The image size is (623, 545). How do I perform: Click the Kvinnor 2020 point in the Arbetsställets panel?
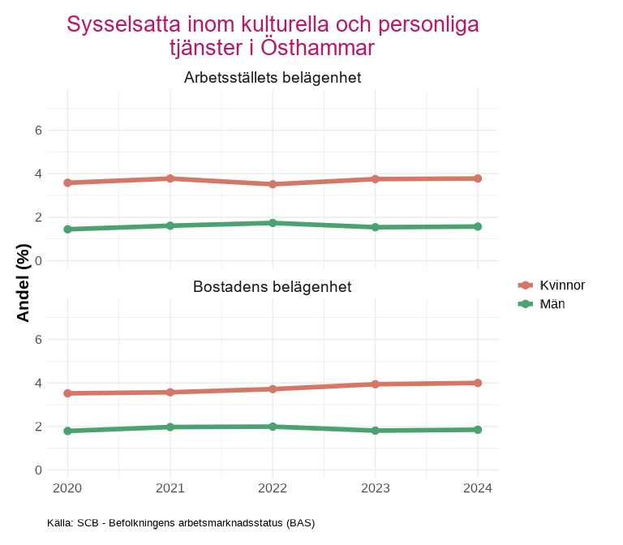(67, 182)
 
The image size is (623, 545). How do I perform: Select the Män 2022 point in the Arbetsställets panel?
(273, 223)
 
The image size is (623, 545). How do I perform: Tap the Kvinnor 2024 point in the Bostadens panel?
(478, 383)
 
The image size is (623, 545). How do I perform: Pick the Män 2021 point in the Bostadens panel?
(170, 427)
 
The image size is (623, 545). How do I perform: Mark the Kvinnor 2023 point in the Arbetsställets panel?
(376, 178)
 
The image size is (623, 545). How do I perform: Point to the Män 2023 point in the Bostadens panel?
(376, 431)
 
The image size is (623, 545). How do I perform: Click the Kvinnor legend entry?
(552, 285)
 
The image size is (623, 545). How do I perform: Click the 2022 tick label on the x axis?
(273, 488)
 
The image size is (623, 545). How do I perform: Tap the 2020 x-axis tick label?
(67, 488)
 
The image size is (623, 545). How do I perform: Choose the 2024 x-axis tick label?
(478, 488)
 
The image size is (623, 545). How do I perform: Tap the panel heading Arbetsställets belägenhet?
(273, 78)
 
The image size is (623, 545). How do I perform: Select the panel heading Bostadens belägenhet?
(273, 287)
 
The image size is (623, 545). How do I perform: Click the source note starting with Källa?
(181, 523)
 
